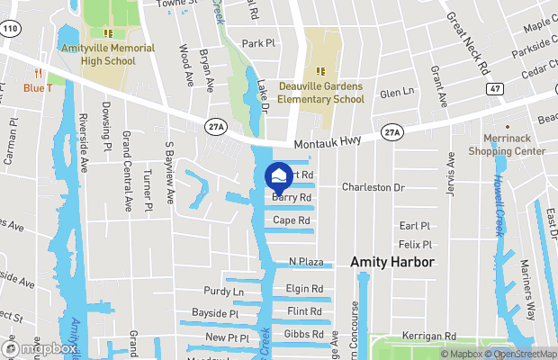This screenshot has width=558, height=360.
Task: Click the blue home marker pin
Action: (279, 175)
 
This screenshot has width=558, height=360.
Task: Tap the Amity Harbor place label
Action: (392, 262)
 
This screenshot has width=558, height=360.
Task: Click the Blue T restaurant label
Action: (38, 87)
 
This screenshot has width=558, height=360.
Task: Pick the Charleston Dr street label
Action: (373, 187)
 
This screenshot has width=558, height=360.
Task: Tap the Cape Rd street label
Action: (292, 220)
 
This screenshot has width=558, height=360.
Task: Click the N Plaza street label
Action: (306, 262)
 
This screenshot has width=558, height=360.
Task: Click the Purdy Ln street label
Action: (223, 292)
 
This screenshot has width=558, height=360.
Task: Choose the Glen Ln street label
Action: (396, 93)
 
